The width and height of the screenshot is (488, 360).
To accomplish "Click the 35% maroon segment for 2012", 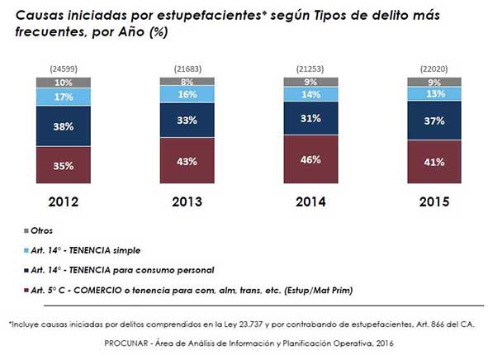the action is pos(64,165).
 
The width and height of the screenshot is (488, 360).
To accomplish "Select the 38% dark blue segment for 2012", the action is pos(64,126).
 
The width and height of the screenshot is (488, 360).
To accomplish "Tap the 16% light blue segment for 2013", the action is pos(187,94).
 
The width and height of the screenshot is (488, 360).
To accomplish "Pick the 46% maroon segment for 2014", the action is pos(310,159).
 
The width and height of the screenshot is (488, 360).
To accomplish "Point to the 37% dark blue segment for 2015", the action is pos(434,121).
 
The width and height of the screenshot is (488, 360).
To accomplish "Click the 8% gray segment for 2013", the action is pos(187,82).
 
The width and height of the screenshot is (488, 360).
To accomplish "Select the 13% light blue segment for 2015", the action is pos(434,93).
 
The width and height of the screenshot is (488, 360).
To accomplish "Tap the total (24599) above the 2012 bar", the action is pos(64,69).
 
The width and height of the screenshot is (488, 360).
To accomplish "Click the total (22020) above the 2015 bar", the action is pos(434,69).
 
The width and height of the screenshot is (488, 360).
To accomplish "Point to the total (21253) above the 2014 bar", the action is pos(310,69).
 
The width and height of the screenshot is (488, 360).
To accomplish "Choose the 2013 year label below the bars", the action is pos(187,202).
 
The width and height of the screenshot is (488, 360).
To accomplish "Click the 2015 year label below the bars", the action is pos(434,202).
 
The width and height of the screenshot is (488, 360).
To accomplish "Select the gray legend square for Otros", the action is pos(26,231).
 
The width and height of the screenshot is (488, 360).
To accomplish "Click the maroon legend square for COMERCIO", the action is pos(26,291).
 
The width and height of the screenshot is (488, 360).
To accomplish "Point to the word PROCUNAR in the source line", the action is pos(126,343).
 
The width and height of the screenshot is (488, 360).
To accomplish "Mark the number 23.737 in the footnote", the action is pos(251,324).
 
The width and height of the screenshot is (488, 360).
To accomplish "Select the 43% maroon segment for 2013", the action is pos(187,160).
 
